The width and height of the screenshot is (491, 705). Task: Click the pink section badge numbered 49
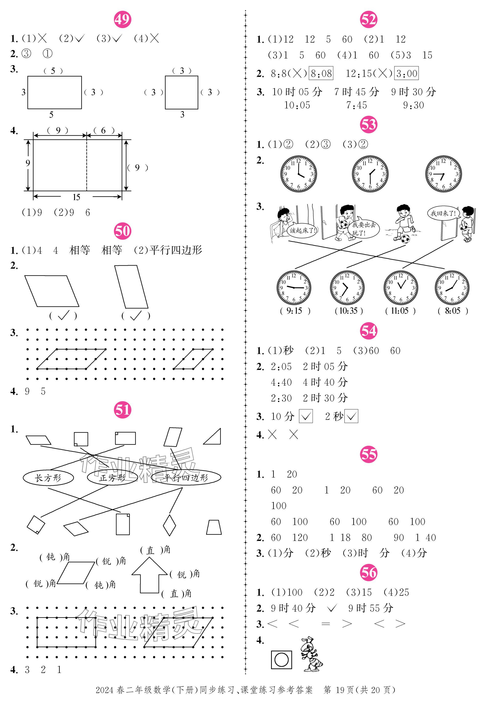[123, 19]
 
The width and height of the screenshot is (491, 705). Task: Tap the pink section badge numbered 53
[368, 125]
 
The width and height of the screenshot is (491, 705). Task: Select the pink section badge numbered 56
[368, 572]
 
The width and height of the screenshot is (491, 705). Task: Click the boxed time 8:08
[321, 73]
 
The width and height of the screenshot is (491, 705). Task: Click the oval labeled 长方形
[48, 478]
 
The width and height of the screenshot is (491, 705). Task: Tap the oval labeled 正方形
[112, 478]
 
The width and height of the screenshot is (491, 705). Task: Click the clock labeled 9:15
[294, 288]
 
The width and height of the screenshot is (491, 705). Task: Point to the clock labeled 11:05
[401, 288]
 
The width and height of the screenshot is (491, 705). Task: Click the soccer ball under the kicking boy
[405, 239]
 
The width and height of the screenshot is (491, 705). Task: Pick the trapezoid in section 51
[214, 527]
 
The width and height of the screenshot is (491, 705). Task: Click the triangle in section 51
[212, 436]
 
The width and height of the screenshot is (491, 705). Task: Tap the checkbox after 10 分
[306, 416]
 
